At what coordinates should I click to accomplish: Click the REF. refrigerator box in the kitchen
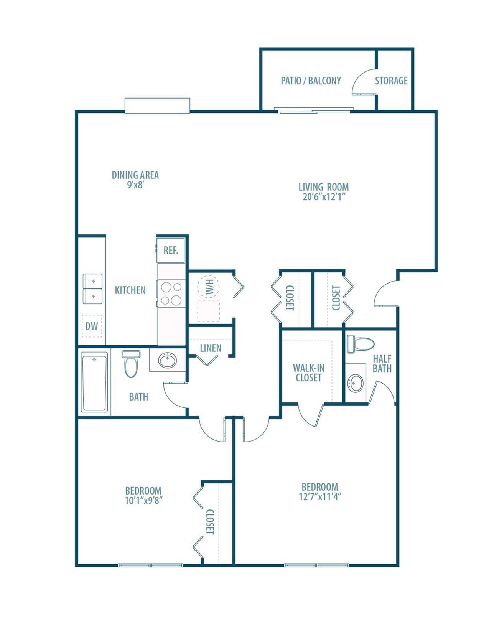point(171,250)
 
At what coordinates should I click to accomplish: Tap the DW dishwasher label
point(92,326)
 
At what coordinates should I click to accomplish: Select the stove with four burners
point(171,293)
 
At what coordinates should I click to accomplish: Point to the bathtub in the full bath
point(94,382)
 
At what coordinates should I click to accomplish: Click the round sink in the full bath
point(168,360)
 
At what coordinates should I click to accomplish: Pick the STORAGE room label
point(391,81)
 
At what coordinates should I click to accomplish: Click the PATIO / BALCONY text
point(311,81)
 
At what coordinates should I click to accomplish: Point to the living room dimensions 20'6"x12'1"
point(324,197)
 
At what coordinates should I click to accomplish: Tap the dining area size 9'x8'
point(135,185)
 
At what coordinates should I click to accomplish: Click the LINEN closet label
point(211,348)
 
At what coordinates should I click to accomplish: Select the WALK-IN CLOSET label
point(308,373)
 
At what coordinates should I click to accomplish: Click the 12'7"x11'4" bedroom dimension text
point(320,497)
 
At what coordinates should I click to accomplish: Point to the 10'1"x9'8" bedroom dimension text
point(143,500)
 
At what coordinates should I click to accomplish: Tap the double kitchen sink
point(93,288)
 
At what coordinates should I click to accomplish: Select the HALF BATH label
point(382,363)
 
